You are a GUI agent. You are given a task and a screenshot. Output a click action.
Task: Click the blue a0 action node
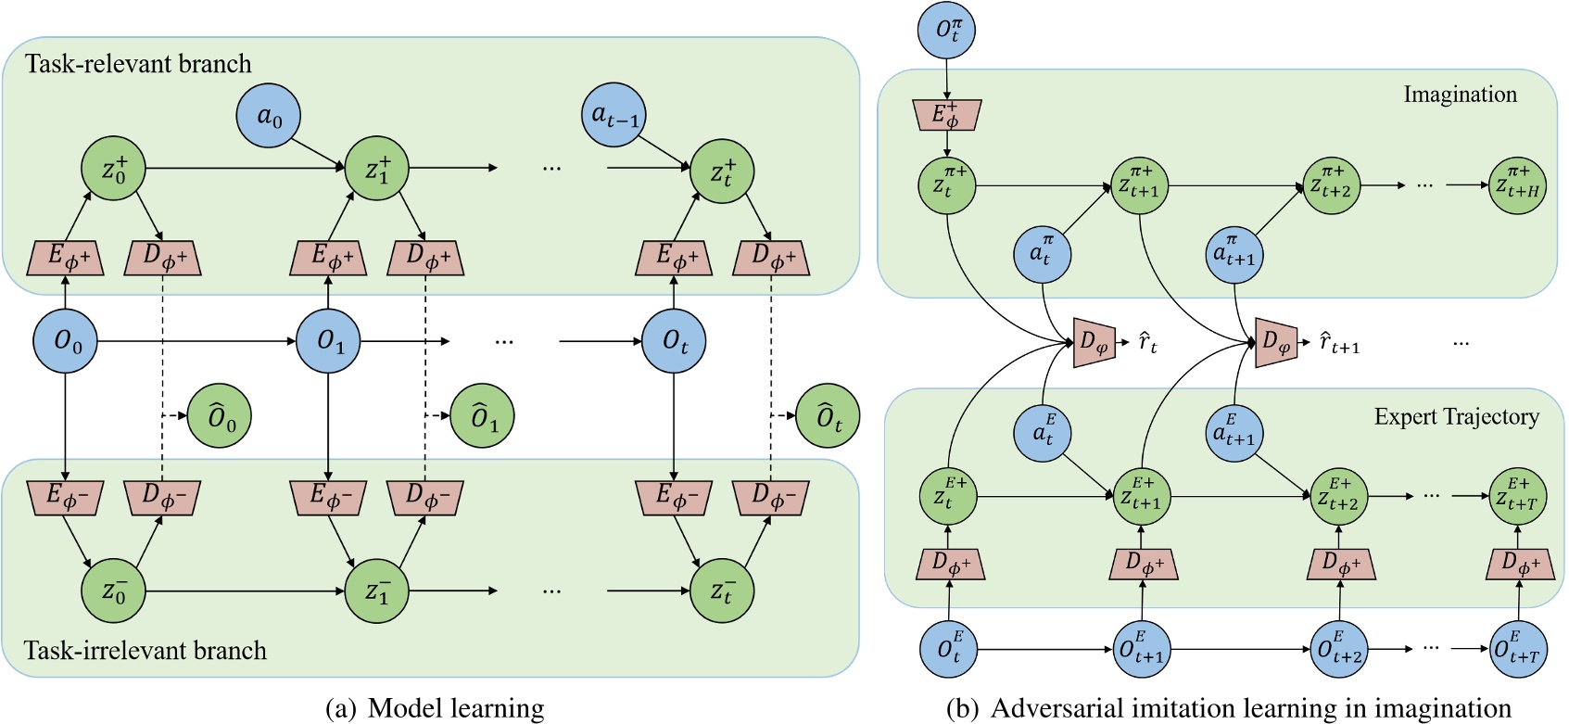tap(271, 117)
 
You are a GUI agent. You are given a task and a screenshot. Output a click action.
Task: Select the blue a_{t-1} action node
tap(614, 115)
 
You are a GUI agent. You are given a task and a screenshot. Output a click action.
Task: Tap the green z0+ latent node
tap(115, 169)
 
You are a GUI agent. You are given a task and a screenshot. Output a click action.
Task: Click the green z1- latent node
tap(376, 591)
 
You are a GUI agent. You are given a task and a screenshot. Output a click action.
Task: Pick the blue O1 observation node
tap(328, 341)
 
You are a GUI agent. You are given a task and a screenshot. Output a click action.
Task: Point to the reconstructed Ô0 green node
tap(220, 417)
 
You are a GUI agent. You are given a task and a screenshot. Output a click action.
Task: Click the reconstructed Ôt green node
tap(828, 417)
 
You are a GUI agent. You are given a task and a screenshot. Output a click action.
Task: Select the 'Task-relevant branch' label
tap(138, 64)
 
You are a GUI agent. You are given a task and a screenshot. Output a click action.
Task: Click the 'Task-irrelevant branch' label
tap(146, 650)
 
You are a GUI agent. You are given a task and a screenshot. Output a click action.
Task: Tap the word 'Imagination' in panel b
tap(1460, 95)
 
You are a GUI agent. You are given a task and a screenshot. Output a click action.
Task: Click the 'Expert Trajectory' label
tap(1456, 417)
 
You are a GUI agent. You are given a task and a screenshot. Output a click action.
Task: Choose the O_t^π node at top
tap(946, 31)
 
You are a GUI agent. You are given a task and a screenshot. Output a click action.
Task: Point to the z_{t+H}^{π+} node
tap(1517, 186)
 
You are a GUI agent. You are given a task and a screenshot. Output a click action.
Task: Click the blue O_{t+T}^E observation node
tap(1517, 649)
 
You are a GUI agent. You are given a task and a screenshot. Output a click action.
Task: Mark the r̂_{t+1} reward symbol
tap(1338, 344)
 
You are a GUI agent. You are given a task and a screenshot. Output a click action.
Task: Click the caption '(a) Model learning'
tap(435, 709)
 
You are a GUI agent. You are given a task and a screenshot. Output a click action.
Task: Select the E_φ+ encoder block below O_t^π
tap(946, 116)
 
